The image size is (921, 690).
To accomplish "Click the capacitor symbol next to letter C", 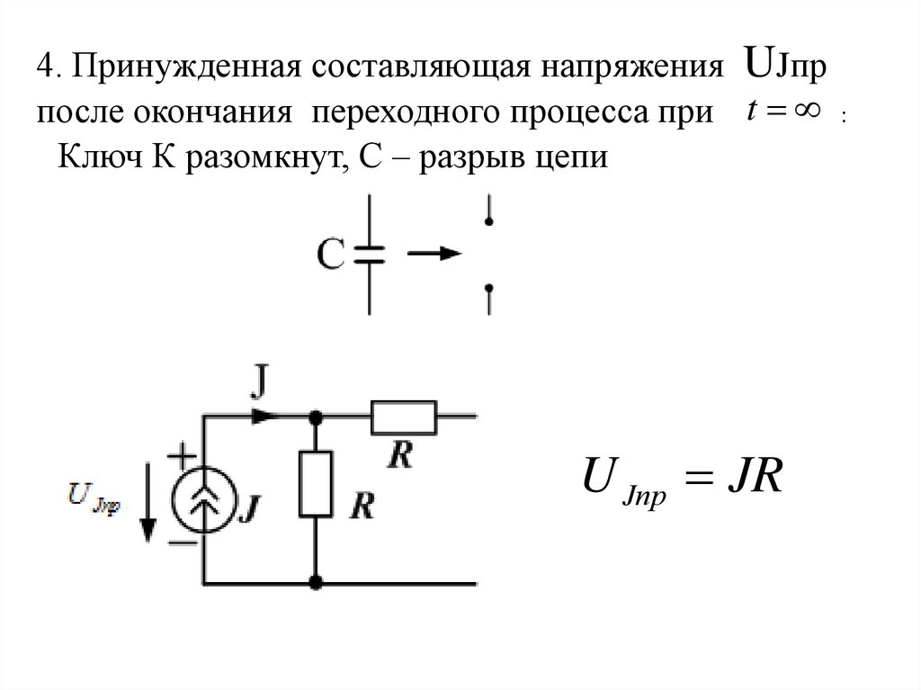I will point(369,255).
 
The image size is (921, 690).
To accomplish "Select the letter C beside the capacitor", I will point(329,255).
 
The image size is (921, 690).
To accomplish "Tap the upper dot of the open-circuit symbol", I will point(488,219).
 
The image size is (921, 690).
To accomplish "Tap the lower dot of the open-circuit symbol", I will point(488,290).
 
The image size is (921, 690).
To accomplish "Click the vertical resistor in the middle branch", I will point(316,487).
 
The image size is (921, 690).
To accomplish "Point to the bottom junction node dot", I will point(316,584).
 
